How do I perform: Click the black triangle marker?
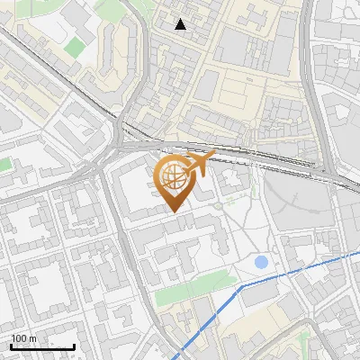pos(181,24)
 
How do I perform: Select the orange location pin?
pos(176,181)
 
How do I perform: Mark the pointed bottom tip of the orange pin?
pos(175,211)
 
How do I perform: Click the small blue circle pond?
pos(261,263)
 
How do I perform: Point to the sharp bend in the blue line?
pos(241,286)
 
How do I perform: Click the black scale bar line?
pos(42,346)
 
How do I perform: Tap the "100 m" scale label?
pos(24,338)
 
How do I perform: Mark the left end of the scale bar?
pos(11,346)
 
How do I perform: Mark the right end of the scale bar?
pos(74,346)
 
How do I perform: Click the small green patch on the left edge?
pos(5,166)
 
